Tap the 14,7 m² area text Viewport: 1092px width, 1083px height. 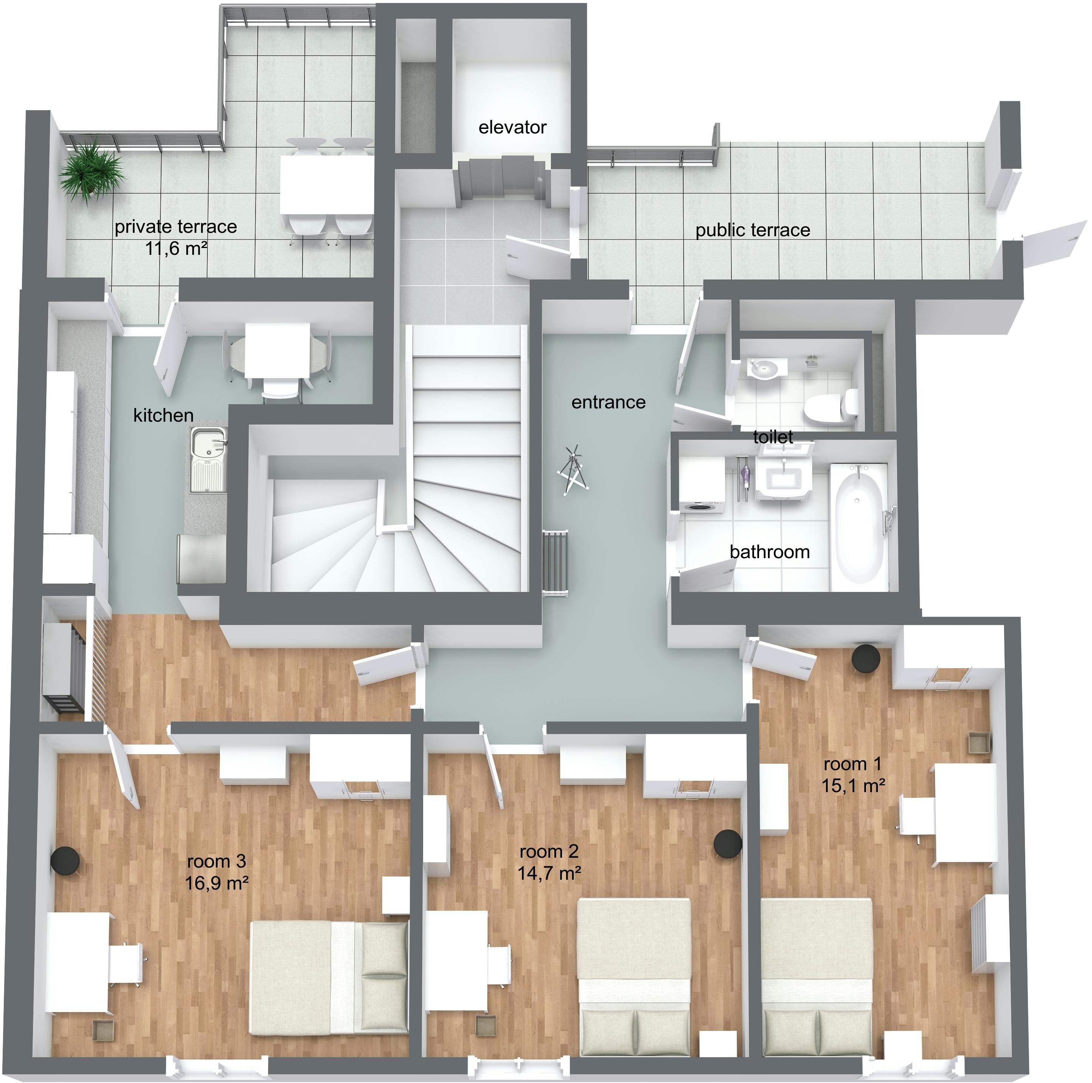(549, 873)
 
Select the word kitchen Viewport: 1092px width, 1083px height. (163, 416)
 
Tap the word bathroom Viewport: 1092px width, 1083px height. (769, 552)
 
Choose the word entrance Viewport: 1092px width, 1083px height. (608, 402)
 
